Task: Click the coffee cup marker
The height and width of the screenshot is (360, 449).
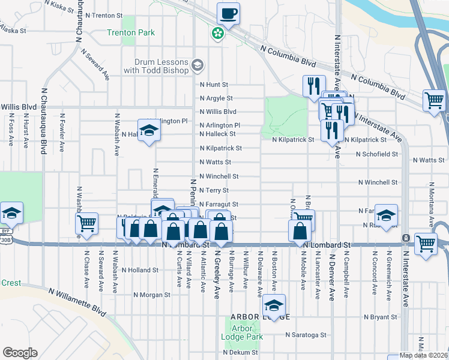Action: point(229,13)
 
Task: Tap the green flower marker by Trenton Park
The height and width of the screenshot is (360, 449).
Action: point(217,35)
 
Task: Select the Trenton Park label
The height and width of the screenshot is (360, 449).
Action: point(131,32)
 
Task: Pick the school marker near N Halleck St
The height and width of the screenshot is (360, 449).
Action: point(148,130)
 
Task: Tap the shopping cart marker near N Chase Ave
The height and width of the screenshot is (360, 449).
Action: point(87,223)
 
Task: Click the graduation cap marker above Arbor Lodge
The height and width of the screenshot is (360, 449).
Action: point(274,305)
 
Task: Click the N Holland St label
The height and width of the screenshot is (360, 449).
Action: point(140,270)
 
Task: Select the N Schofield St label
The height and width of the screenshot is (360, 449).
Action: point(376,154)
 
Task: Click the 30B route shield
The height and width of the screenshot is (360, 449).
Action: point(6,238)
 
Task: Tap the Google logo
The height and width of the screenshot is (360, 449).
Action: point(20,353)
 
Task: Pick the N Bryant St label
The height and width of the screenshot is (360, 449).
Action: point(381,316)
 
